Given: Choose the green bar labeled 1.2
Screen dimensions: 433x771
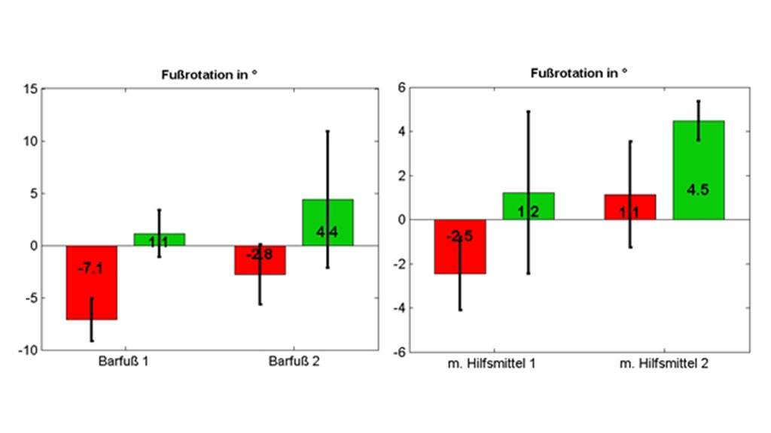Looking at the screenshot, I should [x=529, y=206].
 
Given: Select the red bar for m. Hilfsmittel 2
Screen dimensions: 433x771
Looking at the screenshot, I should [x=630, y=207].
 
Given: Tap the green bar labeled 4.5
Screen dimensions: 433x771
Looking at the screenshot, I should [x=699, y=170].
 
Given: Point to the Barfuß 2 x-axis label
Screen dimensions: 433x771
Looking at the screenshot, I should [x=294, y=362].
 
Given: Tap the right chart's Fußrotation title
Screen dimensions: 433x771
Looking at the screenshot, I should [x=579, y=74].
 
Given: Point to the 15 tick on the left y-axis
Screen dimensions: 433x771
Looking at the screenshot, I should [x=30, y=89].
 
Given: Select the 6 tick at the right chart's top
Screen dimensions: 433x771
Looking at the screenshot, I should [x=401, y=88].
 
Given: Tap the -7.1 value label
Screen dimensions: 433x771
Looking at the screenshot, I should [x=90, y=268].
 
